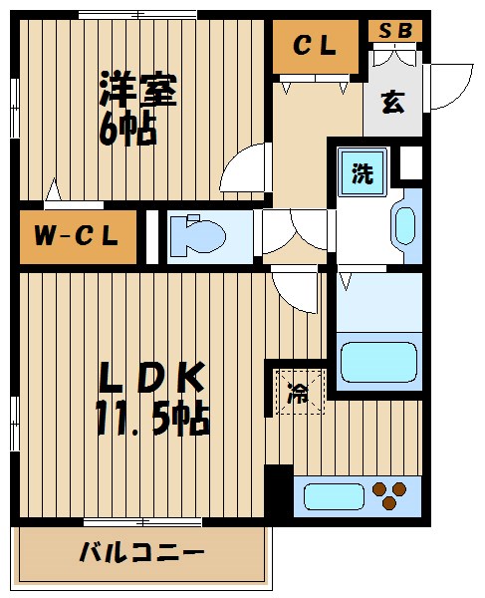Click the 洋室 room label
(137, 91)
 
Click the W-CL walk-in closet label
(77, 236)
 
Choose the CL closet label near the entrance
(315, 46)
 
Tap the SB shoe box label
(394, 30)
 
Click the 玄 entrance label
(392, 103)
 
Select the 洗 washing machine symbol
(362, 172)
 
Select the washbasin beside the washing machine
(406, 225)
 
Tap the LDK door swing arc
(295, 289)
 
